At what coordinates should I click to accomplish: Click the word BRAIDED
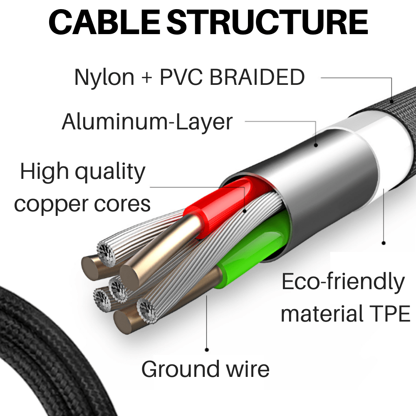[x=257, y=77]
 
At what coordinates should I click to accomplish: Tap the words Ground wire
[x=205, y=369]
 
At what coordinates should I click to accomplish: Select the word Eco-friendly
[x=343, y=282]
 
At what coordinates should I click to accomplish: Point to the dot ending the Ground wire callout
[x=207, y=350]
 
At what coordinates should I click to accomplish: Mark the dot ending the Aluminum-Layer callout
[x=316, y=145]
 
